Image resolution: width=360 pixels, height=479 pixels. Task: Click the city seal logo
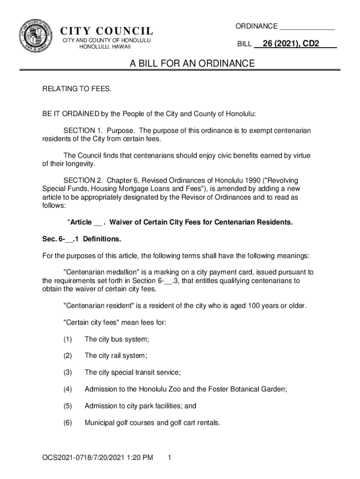coord(36,36)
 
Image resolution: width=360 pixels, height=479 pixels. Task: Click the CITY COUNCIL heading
coord(107,31)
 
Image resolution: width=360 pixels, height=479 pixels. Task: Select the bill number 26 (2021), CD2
coord(291,44)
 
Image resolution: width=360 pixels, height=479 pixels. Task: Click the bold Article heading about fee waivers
coord(180,222)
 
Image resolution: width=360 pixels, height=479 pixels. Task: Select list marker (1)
coord(68,339)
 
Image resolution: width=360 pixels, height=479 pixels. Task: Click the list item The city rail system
coord(115,356)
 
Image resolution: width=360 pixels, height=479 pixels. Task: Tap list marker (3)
coord(68,372)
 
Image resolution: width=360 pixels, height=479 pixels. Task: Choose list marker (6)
coord(68,423)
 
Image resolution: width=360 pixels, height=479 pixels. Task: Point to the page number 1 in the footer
coord(170,457)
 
